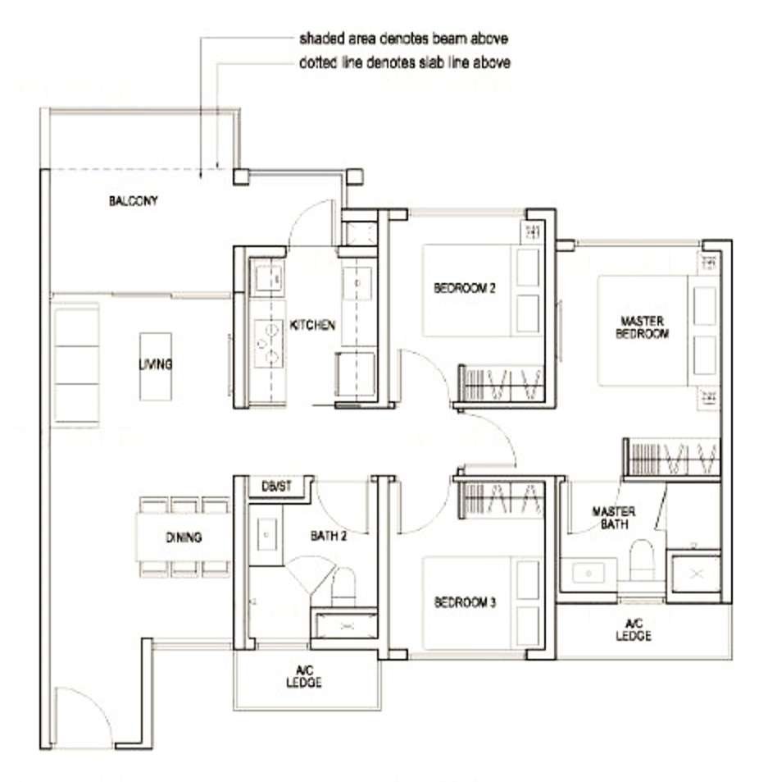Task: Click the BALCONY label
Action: coord(134,201)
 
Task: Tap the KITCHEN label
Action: coord(312,325)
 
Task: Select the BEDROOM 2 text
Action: coord(465,288)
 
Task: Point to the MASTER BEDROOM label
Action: coord(642,327)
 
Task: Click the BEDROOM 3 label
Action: coord(465,602)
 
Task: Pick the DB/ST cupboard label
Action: coord(276,487)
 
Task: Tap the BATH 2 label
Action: coord(329,536)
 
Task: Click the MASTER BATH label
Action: coord(614,518)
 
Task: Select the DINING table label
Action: coord(184,537)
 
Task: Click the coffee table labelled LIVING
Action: coord(156,366)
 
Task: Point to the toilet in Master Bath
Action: coord(642,560)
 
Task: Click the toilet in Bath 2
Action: coord(343,586)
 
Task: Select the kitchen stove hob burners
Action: coord(269,343)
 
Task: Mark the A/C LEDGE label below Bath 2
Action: coord(304,676)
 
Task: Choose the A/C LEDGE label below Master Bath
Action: coord(633,629)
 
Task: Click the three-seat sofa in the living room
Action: coord(76,366)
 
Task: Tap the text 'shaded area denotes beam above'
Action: coord(403,39)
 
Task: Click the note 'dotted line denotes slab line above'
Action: coord(404,62)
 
